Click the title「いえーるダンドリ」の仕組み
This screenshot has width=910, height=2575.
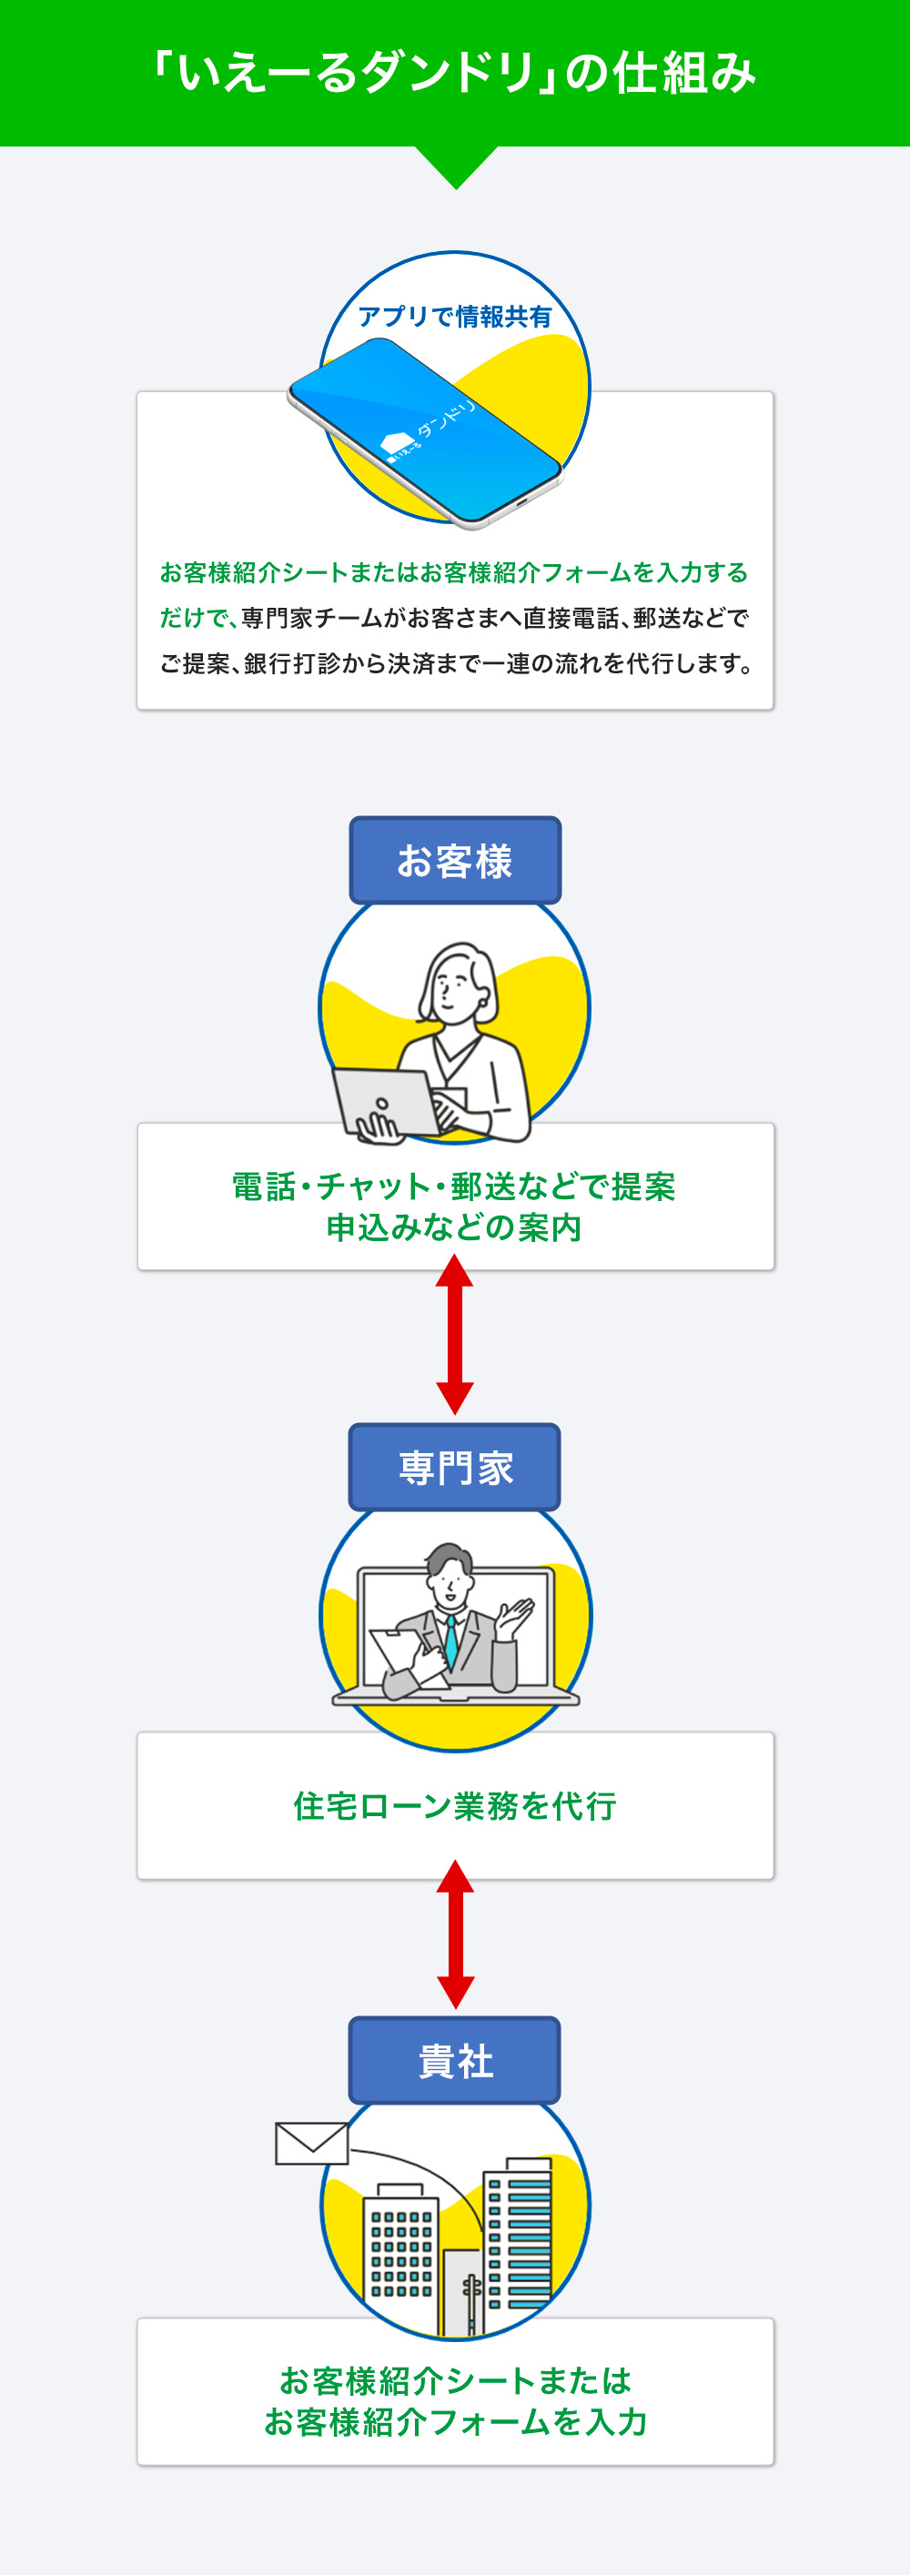[x=455, y=73]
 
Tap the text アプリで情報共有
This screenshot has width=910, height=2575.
[x=455, y=317]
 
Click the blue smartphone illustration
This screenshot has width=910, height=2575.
[x=425, y=430]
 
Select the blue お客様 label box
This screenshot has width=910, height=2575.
[x=455, y=861]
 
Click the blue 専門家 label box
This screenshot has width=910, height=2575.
[x=455, y=1468]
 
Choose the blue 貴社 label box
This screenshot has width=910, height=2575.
[x=455, y=2060]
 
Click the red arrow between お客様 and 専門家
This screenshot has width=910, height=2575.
[x=455, y=1334]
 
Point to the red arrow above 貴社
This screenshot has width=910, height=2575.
[x=455, y=1934]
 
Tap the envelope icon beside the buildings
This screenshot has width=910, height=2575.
[x=312, y=2143]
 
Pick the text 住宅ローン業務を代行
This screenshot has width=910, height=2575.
[x=455, y=1805]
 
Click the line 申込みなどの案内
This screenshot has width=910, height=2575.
[x=455, y=1227]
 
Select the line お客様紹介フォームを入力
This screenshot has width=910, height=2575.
[x=455, y=2421]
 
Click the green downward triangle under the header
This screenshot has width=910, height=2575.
[x=456, y=164]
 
